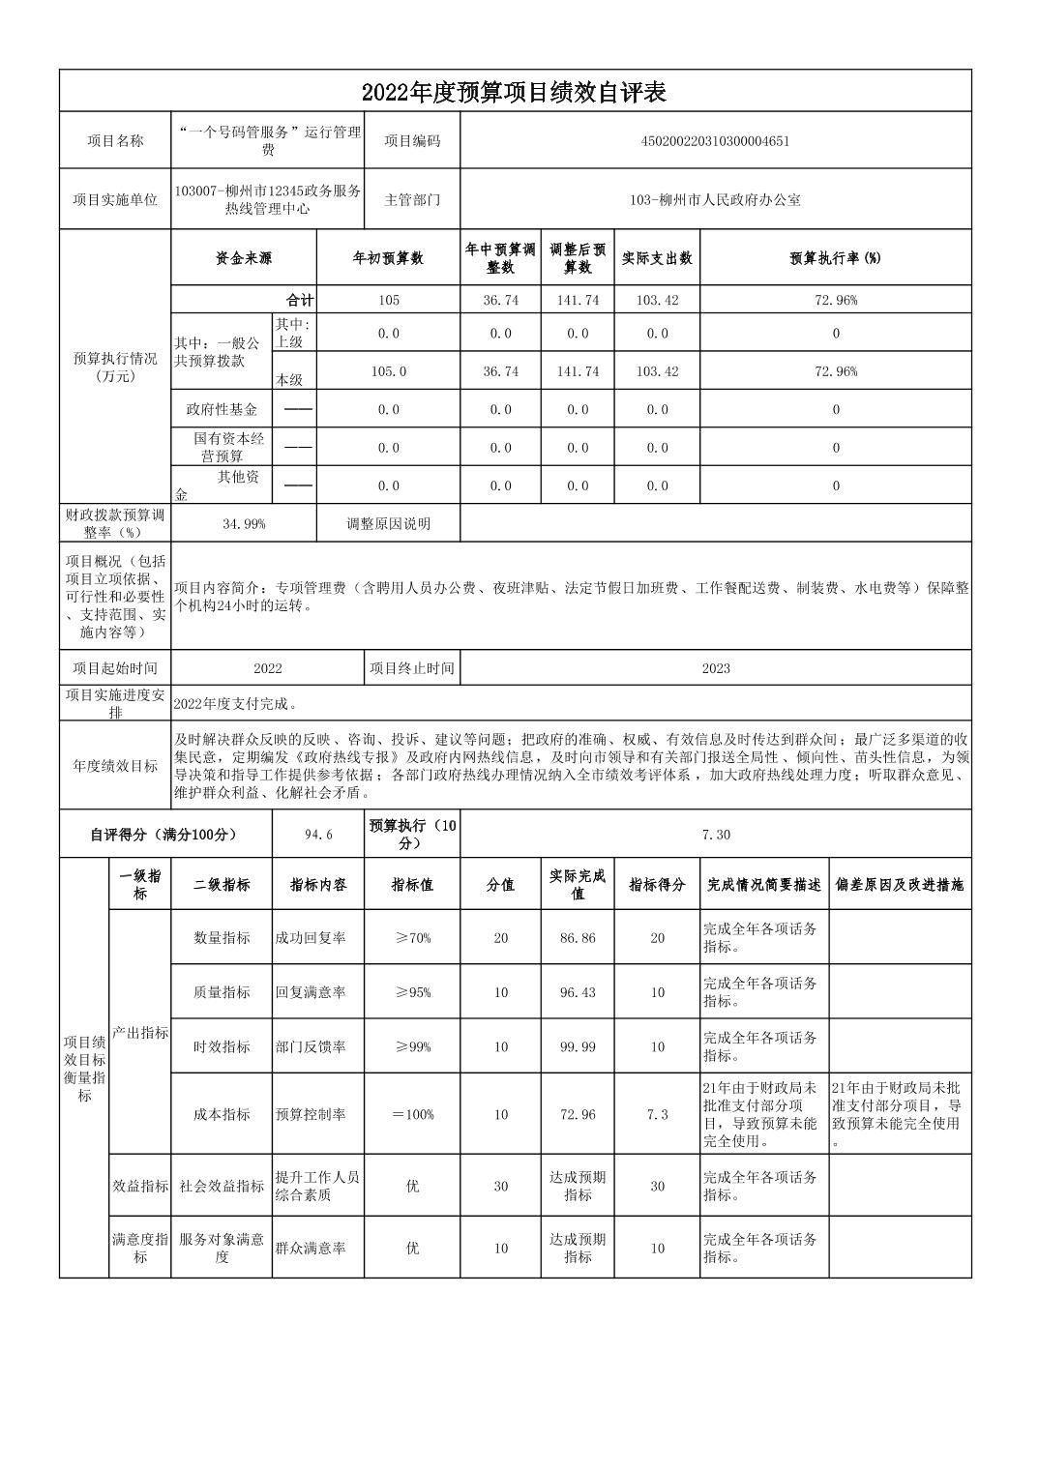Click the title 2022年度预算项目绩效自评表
[515, 92]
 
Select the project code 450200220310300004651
[715, 141]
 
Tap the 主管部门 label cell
[412, 200]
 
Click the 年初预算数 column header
[388, 258]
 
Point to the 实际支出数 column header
[657, 258]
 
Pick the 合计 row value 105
[388, 301]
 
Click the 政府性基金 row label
[222, 409]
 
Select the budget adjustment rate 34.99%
[244, 524]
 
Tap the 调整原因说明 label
[388, 524]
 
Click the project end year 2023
[715, 668]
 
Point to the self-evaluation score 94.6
[318, 835]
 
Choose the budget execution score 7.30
[715, 835]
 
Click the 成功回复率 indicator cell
[311, 938]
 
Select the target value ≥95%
[412, 992]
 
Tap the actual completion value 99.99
[578, 1047]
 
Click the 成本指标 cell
[222, 1114]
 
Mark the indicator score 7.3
[657, 1114]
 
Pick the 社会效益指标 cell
[222, 1187]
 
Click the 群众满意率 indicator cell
[311, 1249]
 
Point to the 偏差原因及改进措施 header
[900, 885]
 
